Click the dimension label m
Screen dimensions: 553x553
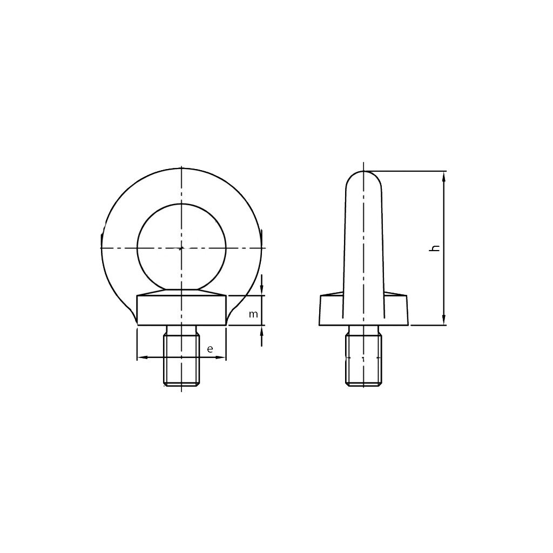(253, 314)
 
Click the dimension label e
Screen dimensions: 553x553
(210, 349)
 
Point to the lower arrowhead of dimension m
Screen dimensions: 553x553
(262, 330)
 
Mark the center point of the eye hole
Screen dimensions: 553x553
(181, 248)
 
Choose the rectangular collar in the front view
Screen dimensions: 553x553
(181, 311)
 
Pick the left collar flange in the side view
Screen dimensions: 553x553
(331, 310)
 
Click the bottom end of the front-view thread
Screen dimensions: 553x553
(181, 386)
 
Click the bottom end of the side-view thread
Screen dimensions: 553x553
(364, 385)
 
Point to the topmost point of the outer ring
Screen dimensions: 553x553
(182, 168)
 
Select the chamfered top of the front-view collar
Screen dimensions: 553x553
(181, 293)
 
